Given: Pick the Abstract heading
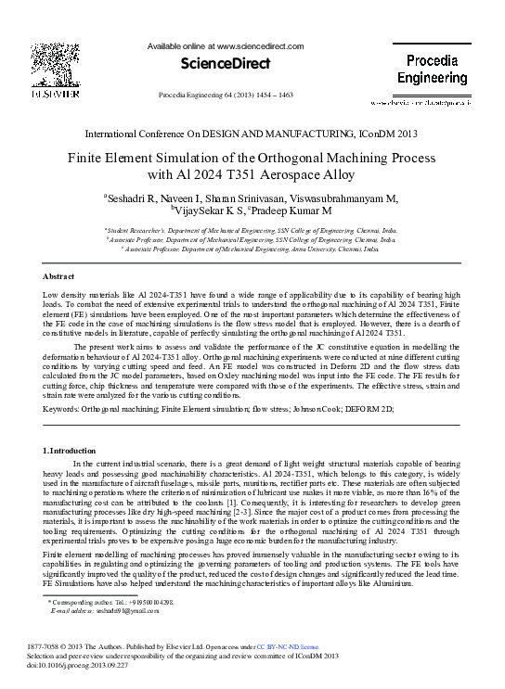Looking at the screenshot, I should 58,277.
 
